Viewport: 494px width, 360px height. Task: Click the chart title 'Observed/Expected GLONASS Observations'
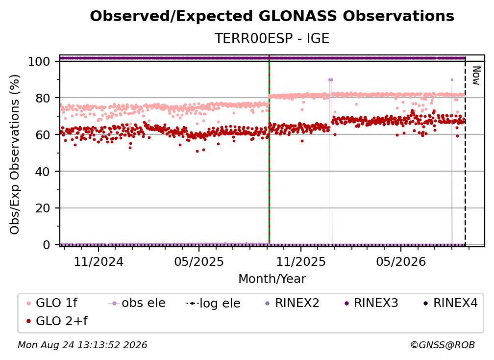pos(272,16)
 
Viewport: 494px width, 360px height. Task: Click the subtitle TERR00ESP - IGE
pos(272,38)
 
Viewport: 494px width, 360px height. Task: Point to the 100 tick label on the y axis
pos(39,61)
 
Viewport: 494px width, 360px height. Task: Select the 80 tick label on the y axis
pos(43,98)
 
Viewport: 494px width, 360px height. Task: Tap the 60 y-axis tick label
pos(43,134)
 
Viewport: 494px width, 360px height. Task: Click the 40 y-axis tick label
pos(43,172)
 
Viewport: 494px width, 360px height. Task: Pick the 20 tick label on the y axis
pos(43,208)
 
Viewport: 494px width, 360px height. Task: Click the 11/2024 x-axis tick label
pos(99,261)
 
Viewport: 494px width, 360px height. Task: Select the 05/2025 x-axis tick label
pos(199,261)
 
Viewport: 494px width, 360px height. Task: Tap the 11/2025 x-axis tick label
pos(301,261)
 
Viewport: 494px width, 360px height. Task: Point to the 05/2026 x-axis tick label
pos(401,261)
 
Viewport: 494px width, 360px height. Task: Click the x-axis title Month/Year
pos(272,279)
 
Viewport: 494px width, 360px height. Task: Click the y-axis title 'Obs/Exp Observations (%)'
pos(15,154)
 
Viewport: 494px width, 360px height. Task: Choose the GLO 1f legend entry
pos(52,303)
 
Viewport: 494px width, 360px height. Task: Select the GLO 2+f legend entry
pos(57,321)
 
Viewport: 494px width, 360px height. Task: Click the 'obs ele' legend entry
pos(137,303)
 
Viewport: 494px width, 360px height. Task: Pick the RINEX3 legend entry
pos(372,303)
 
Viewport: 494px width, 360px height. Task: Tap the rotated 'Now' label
pos(476,76)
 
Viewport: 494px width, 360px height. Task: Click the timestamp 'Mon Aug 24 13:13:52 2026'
pos(82,345)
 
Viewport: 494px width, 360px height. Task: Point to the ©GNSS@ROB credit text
pos(443,345)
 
